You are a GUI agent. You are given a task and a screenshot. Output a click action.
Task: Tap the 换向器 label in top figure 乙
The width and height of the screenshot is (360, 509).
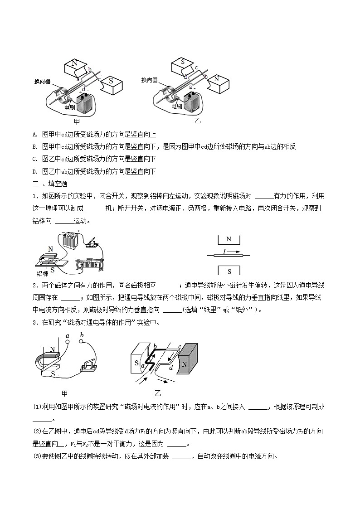(x=149, y=80)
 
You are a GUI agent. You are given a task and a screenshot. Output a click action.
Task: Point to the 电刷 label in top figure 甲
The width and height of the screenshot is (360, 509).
(x=69, y=107)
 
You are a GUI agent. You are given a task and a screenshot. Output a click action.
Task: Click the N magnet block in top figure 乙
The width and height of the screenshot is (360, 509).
(x=218, y=82)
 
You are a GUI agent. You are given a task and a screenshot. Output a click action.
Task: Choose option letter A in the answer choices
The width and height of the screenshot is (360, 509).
(x=35, y=135)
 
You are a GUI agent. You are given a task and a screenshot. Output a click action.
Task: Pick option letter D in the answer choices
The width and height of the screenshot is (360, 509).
(x=35, y=171)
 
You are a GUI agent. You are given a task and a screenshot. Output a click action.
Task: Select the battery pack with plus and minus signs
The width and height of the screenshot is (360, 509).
(x=71, y=240)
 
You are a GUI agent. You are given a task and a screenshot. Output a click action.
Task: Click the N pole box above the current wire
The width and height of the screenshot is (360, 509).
(x=229, y=239)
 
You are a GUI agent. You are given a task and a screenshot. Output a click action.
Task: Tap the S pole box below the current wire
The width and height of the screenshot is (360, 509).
(x=229, y=271)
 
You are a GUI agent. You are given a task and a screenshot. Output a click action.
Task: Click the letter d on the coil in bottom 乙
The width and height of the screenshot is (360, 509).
(x=170, y=368)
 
